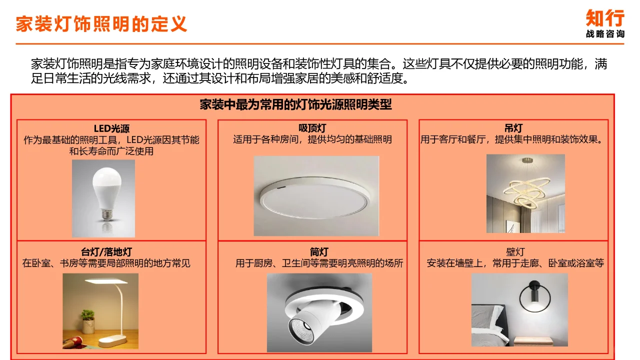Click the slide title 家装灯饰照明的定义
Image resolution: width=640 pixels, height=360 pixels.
pos(101,24)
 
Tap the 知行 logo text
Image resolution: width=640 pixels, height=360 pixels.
pos(605,18)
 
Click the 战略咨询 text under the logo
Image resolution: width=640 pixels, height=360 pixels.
pos(605,34)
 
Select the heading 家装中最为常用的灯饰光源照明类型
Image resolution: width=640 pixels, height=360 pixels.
pos(295,105)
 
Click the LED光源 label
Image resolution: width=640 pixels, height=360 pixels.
pos(111,129)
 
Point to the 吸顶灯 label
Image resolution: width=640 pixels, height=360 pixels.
pos(312,128)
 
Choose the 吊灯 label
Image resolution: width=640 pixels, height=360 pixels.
pos(513,128)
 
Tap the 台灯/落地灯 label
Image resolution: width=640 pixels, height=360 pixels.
pos(106,252)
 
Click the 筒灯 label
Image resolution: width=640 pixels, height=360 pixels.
pos(319,252)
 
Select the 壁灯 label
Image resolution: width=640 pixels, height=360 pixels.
pos(515,252)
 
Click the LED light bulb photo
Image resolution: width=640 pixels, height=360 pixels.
pos(103,198)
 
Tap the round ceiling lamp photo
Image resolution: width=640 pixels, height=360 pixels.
pos(316,196)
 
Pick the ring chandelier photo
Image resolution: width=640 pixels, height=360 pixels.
pos(525,193)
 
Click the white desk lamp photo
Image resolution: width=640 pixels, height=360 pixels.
pos(100,311)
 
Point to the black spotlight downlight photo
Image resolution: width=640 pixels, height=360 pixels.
pos(319,312)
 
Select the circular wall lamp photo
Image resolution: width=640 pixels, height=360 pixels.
pos(519,310)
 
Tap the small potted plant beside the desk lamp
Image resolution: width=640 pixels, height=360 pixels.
pos(88,320)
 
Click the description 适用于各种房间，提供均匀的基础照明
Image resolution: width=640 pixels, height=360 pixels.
pos(312,139)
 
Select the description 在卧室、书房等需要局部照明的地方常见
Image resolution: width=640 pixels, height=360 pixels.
pos(106,263)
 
